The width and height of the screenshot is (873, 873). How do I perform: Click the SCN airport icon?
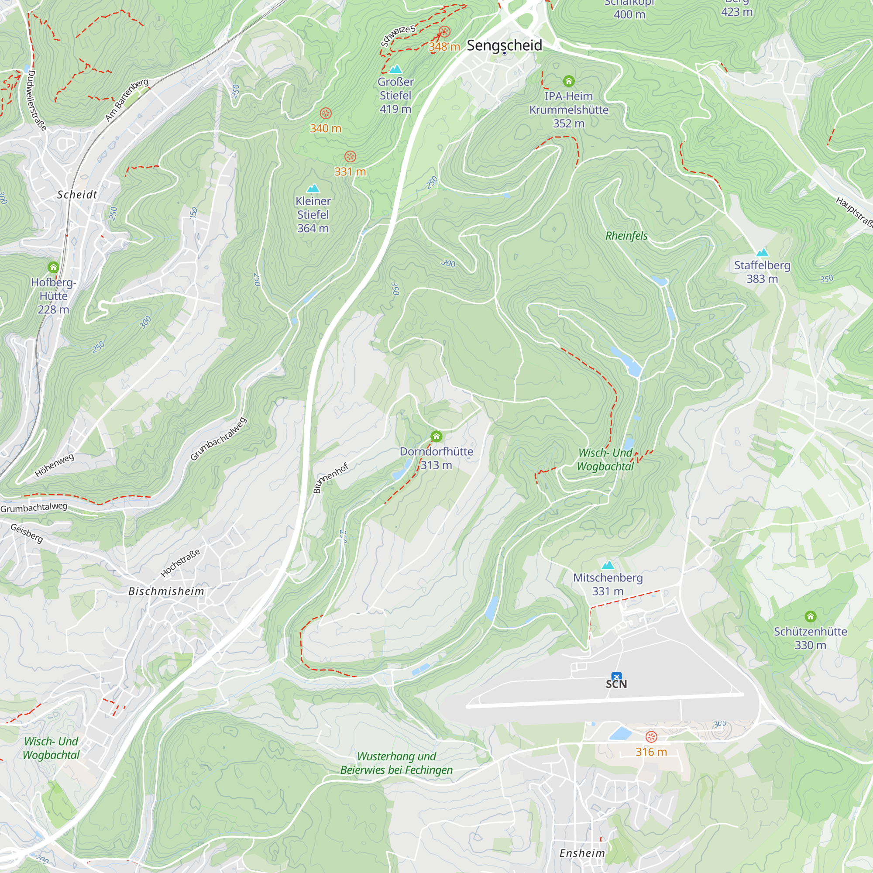point(616,677)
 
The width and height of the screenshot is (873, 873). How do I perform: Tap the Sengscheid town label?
point(504,45)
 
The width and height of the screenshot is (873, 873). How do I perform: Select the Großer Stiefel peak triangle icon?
point(395,69)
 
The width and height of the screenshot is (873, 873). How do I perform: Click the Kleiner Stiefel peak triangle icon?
point(313,189)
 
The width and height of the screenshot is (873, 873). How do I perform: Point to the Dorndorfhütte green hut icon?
point(436,436)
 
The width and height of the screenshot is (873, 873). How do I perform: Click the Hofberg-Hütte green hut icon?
point(53,267)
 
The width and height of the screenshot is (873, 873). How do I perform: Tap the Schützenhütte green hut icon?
point(810,616)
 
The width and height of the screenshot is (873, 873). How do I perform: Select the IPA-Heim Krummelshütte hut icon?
point(568,81)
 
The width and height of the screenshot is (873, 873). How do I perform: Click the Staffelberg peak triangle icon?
point(762,253)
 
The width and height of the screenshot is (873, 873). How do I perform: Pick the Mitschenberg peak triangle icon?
point(608,565)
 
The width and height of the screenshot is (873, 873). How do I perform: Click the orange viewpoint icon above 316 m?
point(651,737)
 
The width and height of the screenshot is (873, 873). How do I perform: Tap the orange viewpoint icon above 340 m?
point(325,113)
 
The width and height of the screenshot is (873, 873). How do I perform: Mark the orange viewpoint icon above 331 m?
point(350,157)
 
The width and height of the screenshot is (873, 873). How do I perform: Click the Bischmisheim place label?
point(166,591)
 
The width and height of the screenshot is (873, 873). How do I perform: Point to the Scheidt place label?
point(77,195)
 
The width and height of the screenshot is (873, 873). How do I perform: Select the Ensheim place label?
point(582,853)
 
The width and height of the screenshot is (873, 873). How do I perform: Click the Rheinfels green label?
point(626,236)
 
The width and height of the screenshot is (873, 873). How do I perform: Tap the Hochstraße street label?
point(180,563)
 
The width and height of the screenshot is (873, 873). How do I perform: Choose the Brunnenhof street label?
point(330,478)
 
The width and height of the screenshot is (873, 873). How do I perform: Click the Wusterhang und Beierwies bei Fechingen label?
point(396,763)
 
